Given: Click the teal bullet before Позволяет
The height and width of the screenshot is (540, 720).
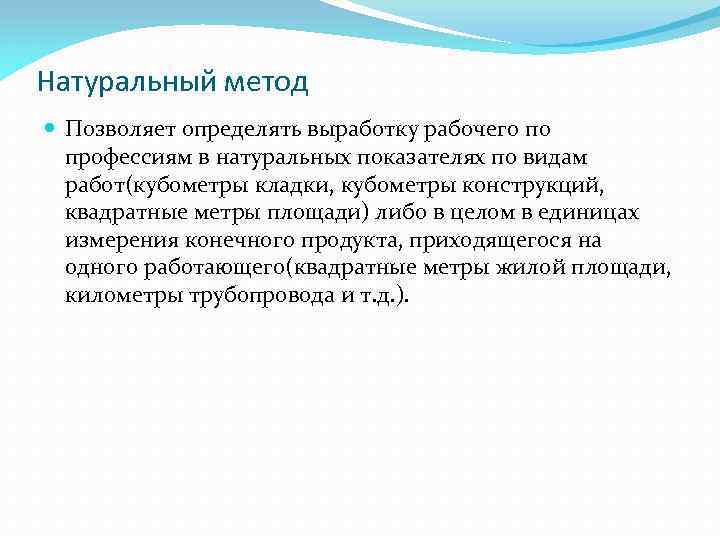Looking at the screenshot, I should click(52, 130).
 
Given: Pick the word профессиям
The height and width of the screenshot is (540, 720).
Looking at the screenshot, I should click(117, 158).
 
